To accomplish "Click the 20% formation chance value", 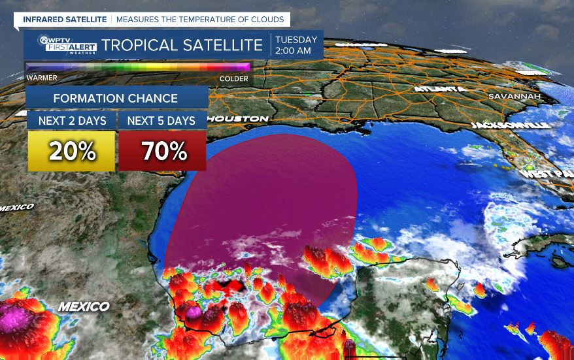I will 71,152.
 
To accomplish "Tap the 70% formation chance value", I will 162,152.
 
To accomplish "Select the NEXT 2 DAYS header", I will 71,121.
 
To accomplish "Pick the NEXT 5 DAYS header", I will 161,121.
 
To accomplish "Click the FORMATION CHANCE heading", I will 115,99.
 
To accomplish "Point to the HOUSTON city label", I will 240,119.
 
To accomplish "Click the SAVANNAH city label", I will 514,97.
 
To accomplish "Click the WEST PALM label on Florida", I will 547,174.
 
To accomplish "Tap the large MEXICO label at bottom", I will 84,306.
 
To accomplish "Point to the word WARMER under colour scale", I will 42,78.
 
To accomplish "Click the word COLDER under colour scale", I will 233,78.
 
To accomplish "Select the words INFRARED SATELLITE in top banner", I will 65,20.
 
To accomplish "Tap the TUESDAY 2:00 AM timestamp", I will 297,45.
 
